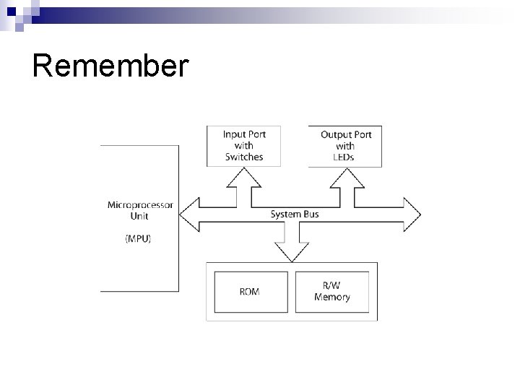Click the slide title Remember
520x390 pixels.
click(110, 66)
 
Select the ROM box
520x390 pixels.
click(249, 292)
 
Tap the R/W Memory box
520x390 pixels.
click(332, 292)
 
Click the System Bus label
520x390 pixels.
click(295, 214)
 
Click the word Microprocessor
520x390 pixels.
click(140, 205)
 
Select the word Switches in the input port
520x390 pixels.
click(244, 157)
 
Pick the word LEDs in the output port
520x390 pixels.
click(345, 157)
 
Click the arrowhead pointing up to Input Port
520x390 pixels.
click(244, 175)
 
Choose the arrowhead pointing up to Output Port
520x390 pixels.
click(345, 175)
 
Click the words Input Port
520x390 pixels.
click(244, 134)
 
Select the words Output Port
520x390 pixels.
click(346, 134)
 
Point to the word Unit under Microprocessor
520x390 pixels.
click(140, 216)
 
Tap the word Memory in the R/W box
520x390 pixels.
click(332, 297)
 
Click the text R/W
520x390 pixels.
click(332, 286)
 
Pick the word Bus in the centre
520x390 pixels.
click(310, 214)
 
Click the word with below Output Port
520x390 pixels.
click(345, 146)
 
